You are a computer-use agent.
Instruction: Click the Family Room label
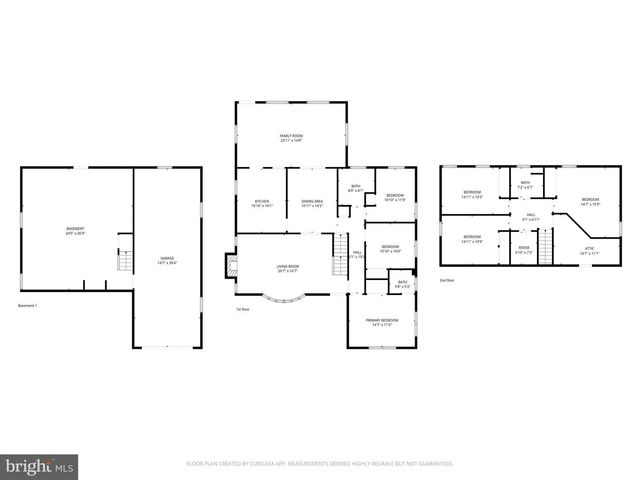291,139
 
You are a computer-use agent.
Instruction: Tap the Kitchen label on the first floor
262,203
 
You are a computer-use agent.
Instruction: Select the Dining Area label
312,203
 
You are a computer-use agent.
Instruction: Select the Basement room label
75,231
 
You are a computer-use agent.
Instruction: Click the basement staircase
125,259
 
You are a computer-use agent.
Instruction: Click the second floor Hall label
530,216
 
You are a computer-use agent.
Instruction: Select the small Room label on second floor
524,249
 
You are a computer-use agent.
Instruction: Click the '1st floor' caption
242,309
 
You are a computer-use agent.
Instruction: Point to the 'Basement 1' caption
28,305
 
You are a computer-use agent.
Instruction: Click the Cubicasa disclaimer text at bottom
320,464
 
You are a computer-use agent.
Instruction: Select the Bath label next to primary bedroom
403,284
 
